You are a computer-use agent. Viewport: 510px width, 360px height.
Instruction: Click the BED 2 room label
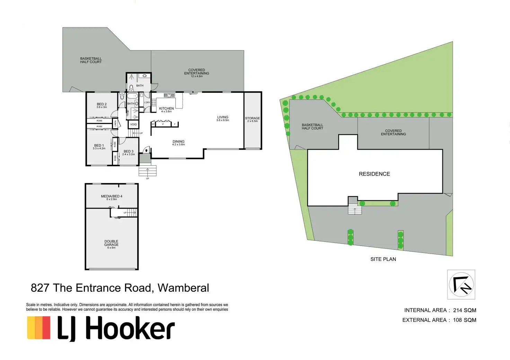[x=102, y=104]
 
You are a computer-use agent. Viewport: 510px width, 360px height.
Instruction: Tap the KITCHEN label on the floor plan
[x=166, y=108]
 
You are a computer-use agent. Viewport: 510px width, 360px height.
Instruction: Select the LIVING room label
[x=223, y=117]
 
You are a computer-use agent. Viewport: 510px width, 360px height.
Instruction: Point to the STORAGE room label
[x=252, y=118]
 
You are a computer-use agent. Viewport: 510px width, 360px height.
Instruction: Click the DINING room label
[x=178, y=141]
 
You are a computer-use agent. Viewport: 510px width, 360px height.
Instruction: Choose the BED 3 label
[x=129, y=151]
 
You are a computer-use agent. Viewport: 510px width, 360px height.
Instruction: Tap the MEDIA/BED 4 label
[x=112, y=196]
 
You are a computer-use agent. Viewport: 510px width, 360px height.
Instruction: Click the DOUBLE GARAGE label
[x=111, y=243]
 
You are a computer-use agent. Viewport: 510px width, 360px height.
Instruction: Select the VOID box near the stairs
[x=133, y=124]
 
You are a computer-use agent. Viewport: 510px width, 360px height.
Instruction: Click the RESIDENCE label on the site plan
[x=374, y=174]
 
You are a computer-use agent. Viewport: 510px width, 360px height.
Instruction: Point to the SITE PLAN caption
[x=383, y=259]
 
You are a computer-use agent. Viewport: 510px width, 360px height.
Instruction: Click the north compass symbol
[x=461, y=284]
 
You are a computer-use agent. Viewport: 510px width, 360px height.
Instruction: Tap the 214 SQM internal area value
[x=464, y=310]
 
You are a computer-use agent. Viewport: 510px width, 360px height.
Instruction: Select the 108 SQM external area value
[x=464, y=320]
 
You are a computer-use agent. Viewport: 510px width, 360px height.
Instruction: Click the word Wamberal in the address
[x=183, y=288]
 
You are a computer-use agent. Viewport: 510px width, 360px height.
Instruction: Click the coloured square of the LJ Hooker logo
[x=39, y=327]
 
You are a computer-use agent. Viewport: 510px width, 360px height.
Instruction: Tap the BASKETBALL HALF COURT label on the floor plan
[x=91, y=60]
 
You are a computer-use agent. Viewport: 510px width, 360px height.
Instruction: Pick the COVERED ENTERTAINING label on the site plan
[x=393, y=132]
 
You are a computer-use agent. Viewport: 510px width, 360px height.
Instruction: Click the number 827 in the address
[x=40, y=288]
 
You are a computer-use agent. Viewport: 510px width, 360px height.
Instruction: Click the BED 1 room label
[x=99, y=146]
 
